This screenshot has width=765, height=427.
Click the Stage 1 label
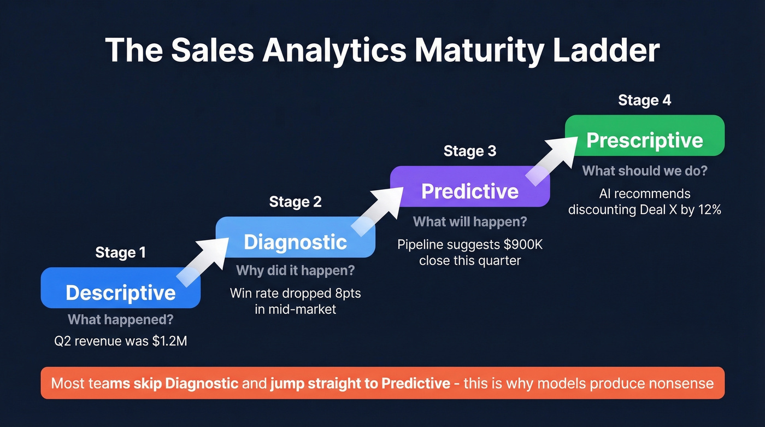(x=120, y=252)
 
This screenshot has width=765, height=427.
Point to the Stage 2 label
(x=295, y=202)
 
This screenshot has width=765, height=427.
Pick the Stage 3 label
(x=470, y=151)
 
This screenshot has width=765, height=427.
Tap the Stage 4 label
(x=644, y=100)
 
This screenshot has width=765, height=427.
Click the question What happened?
(x=120, y=320)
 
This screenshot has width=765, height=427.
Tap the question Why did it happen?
(x=295, y=270)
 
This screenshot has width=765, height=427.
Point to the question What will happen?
(x=470, y=221)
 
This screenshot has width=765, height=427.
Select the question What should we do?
(x=644, y=171)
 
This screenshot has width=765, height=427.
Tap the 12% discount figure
(x=708, y=209)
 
